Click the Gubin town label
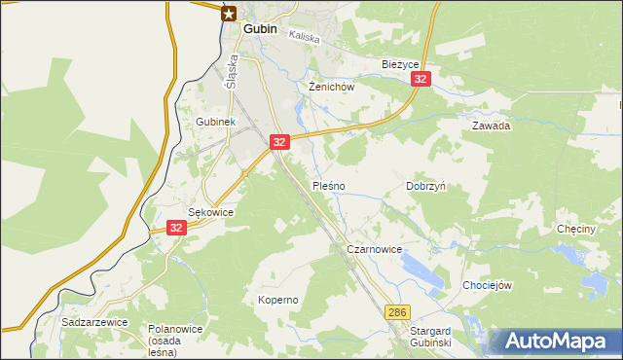pos(260,29)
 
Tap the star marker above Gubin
pos(229,13)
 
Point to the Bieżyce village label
pos(399,64)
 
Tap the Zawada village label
pos(492,126)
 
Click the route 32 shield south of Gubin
pos(279,142)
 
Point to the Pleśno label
pos(328,185)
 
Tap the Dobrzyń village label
pos(425,185)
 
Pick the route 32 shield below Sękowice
pos(176,228)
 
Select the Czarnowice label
pos(375,250)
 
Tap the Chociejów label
pos(489,286)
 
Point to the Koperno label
pos(277,300)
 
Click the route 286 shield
pos(396,311)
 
